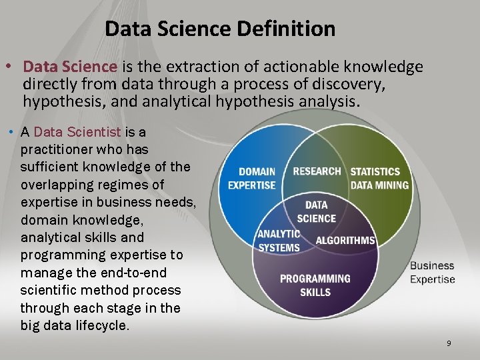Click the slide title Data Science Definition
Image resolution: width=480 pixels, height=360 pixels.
pos(220,29)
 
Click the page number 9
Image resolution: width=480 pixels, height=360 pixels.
pos(449,343)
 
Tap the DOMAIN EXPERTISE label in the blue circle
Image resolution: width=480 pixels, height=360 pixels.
pos(252,178)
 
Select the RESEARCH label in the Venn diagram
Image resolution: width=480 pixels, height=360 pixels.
pos(317,171)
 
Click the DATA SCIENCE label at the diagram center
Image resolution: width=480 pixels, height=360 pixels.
pos(317,212)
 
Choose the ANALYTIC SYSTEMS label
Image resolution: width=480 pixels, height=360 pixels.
pos(279,241)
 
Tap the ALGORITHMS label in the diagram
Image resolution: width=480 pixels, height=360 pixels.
pos(345,240)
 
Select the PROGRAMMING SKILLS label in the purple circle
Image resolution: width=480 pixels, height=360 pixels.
pos(315,285)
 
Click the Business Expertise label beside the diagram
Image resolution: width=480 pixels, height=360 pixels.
pos(432,273)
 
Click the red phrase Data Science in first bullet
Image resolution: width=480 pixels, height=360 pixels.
pos(70,67)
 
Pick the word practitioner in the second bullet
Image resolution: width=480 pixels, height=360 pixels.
pos(54,149)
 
